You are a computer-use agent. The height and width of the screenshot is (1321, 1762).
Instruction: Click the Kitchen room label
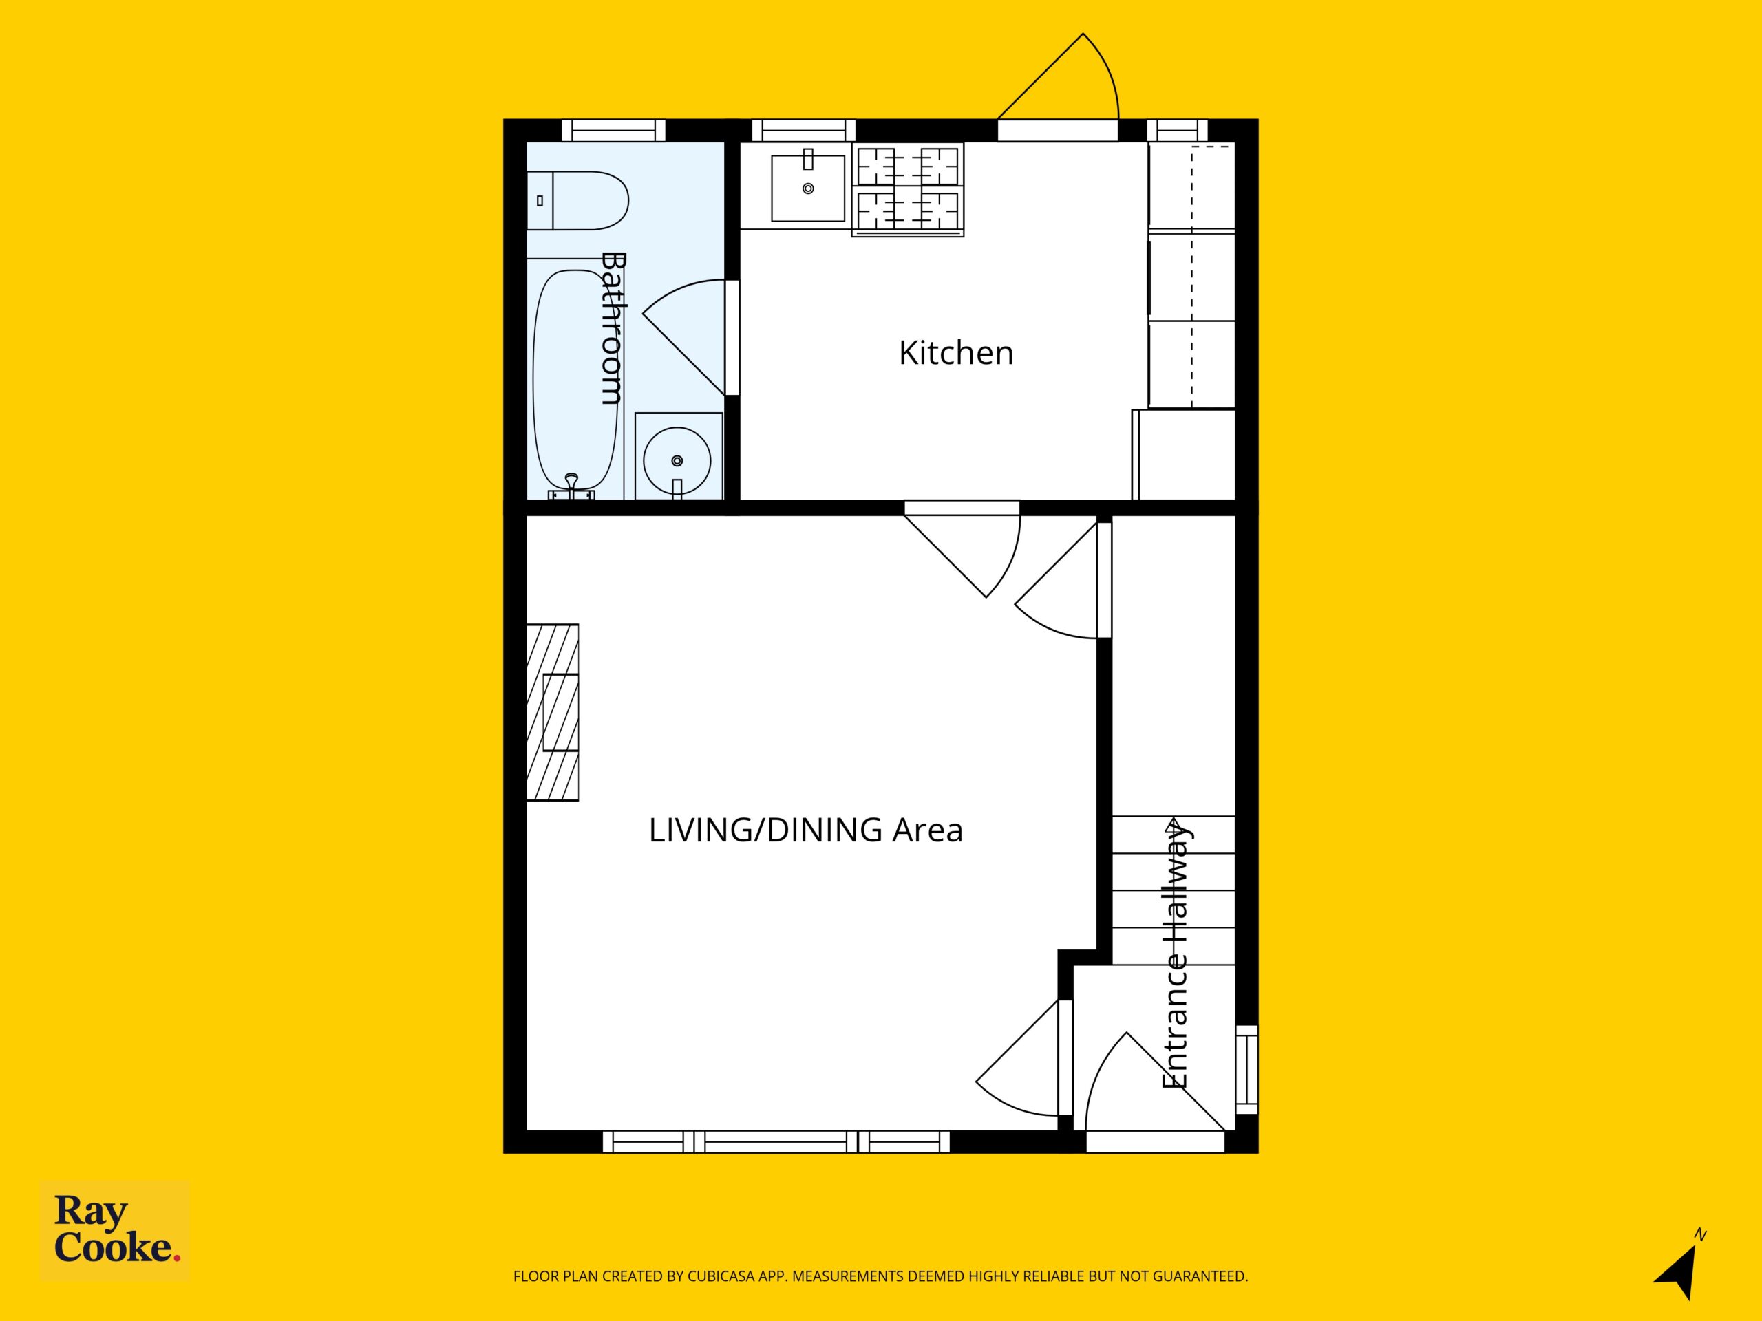(x=956, y=353)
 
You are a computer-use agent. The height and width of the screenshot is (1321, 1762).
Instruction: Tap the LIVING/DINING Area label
(x=805, y=830)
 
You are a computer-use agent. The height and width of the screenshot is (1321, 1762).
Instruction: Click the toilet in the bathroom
(x=578, y=201)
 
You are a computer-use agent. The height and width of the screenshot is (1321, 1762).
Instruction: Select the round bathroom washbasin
(x=677, y=461)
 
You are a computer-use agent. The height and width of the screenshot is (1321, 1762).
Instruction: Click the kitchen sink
(x=808, y=188)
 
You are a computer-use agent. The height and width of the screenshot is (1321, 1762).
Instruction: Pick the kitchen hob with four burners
(x=908, y=189)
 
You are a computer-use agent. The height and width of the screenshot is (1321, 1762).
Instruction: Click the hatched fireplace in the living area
(x=553, y=713)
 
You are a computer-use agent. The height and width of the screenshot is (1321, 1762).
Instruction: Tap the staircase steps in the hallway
(x=1174, y=891)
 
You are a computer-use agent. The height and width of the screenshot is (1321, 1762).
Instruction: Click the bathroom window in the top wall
(x=613, y=130)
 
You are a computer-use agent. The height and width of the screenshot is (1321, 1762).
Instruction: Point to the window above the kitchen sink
(x=804, y=130)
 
